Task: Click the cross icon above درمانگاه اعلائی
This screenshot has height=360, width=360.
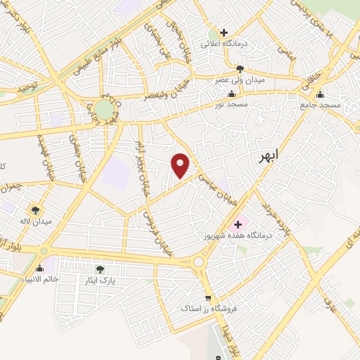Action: (224, 32)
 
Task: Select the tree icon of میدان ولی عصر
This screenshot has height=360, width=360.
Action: (240, 69)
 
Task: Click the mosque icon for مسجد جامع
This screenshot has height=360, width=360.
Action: (321, 94)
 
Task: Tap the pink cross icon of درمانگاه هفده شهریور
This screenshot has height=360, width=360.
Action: (238, 224)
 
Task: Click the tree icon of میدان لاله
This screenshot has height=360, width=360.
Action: (34, 210)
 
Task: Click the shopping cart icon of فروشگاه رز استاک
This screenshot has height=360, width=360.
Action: (207, 297)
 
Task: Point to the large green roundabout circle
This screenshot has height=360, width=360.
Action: (103, 109)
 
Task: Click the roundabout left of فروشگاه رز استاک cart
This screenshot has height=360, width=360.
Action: (198, 264)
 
